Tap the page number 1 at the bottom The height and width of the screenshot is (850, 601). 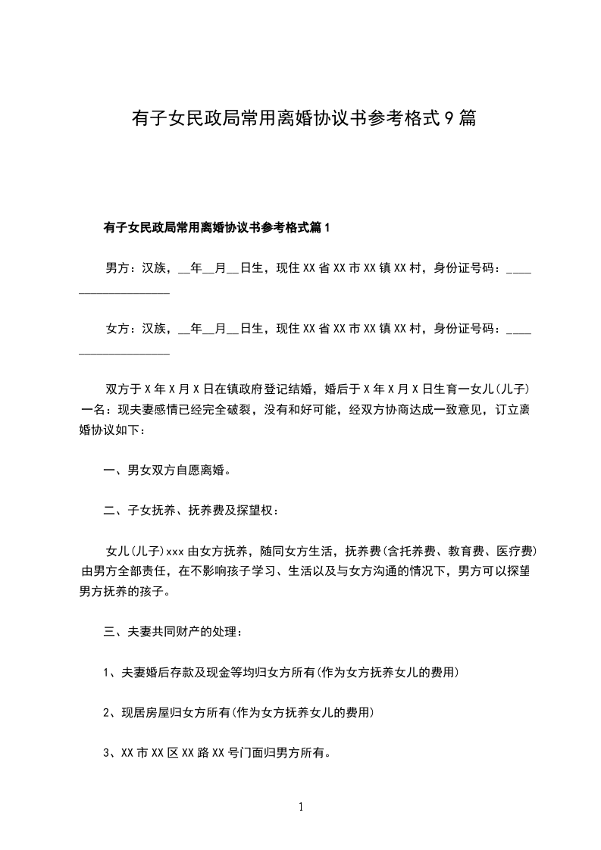tap(301, 807)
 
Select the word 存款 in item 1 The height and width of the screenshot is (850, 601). tap(174, 672)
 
